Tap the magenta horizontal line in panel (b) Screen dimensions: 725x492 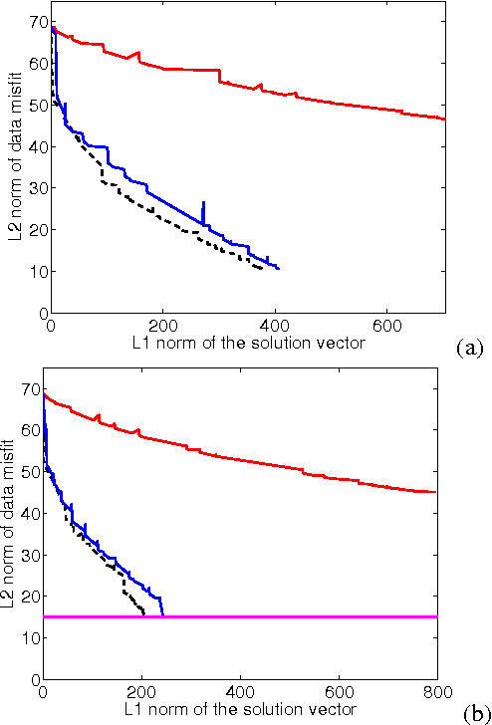click(x=299, y=616)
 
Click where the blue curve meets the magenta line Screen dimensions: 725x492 click(x=162, y=615)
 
